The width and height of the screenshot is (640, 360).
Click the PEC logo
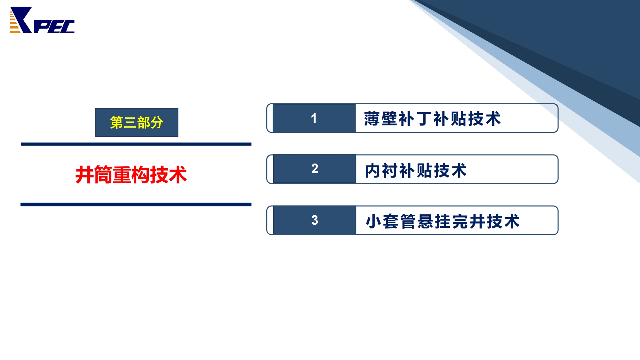click(42, 20)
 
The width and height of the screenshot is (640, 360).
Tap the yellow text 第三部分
click(137, 123)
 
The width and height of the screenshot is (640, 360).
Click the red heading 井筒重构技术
click(131, 175)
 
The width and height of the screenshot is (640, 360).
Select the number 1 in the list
click(314, 118)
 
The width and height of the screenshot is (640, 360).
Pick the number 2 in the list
click(315, 169)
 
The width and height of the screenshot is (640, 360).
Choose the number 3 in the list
click(315, 220)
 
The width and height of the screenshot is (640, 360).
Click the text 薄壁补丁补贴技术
click(432, 119)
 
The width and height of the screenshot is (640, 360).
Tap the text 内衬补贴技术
click(416, 170)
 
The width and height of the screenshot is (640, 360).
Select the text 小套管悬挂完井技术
click(443, 221)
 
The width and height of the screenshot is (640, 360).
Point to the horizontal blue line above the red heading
click(136, 144)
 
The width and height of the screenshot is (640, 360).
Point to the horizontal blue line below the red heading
click(136, 204)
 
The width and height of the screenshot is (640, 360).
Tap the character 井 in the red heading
click(84, 175)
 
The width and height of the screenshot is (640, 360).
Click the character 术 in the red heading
click(178, 175)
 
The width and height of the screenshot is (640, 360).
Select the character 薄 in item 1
click(372, 119)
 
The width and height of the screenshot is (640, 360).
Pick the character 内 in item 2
click(373, 170)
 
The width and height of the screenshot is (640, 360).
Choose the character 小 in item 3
click(373, 221)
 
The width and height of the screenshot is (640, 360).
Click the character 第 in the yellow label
click(116, 123)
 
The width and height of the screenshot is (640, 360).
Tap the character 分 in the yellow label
click(157, 123)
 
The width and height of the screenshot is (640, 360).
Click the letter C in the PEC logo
click(67, 27)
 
